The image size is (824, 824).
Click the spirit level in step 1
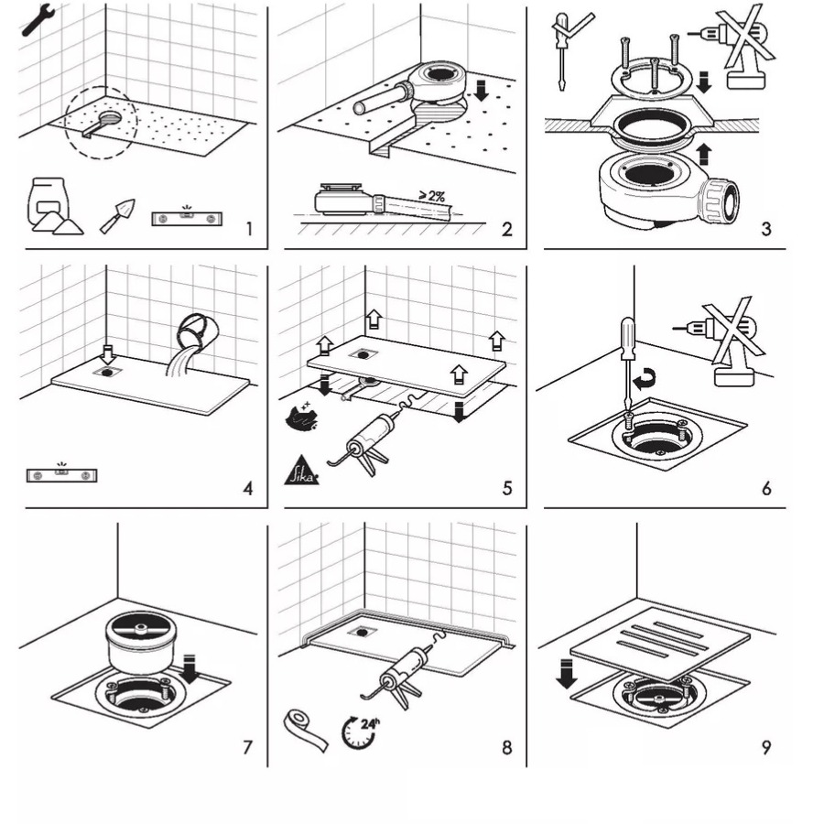pyautogui.click(x=186, y=217)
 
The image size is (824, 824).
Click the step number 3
pyautogui.click(x=765, y=228)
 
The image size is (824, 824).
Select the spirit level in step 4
pyautogui.click(x=62, y=474)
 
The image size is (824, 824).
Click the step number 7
pyautogui.click(x=247, y=747)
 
